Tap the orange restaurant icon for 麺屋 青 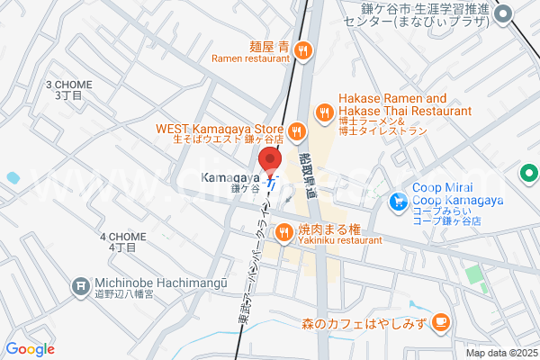305,50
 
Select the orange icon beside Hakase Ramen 324,114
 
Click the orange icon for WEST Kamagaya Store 298,134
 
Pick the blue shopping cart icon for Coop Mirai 397,203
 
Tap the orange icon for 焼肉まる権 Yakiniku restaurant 283,234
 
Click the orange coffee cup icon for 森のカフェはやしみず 440,321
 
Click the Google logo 30,349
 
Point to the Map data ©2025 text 500,353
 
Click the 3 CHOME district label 68,89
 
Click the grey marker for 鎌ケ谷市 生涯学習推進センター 504,13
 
